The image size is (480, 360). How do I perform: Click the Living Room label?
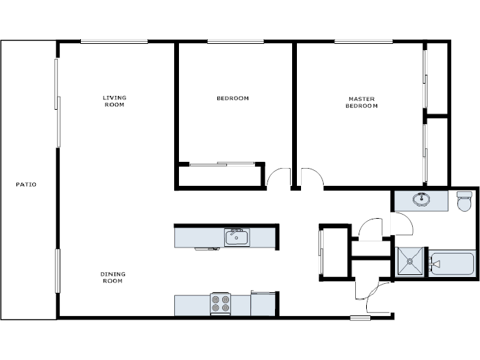115,101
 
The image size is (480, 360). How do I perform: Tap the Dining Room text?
113,278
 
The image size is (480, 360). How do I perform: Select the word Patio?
26,185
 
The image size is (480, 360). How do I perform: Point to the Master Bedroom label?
361,103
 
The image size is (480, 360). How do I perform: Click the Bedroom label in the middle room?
232,99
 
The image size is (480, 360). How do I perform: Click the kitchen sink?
237,237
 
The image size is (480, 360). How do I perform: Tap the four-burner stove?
220,303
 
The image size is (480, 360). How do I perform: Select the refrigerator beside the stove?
263,304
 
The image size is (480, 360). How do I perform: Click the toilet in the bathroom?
466,201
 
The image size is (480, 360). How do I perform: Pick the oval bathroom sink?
422,200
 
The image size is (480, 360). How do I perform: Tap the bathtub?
451,263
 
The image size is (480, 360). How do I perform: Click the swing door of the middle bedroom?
278,178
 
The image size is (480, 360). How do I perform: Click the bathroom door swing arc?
401,224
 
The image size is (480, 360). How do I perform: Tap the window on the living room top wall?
114,42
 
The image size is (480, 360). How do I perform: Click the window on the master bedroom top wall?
363,42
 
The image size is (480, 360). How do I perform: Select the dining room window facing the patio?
58,271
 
